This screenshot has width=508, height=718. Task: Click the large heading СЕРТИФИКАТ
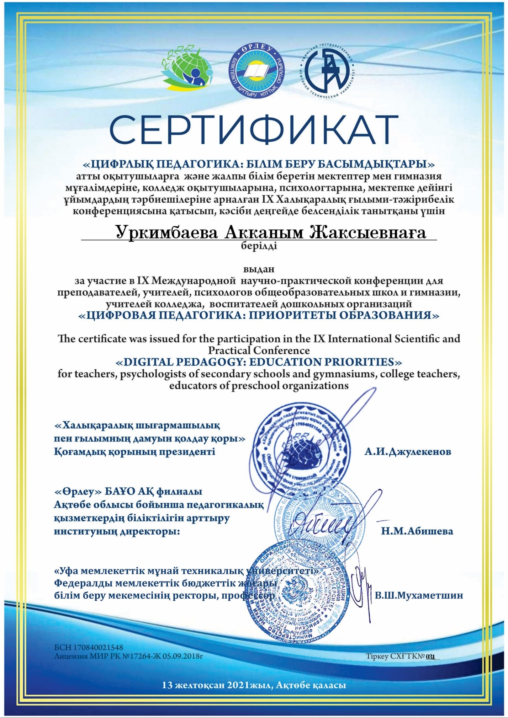click(254, 129)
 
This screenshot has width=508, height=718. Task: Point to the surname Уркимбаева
click(166, 233)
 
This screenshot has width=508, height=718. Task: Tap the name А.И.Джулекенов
click(408, 452)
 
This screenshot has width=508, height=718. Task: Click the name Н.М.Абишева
click(417, 531)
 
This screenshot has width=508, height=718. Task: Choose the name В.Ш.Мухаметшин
click(419, 595)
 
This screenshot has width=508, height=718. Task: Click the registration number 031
click(430, 657)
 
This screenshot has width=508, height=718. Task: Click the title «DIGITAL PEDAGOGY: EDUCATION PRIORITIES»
click(259, 362)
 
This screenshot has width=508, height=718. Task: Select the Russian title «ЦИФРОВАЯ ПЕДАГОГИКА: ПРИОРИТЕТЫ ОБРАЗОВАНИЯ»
click(259, 316)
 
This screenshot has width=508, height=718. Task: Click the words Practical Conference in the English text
click(259, 350)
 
